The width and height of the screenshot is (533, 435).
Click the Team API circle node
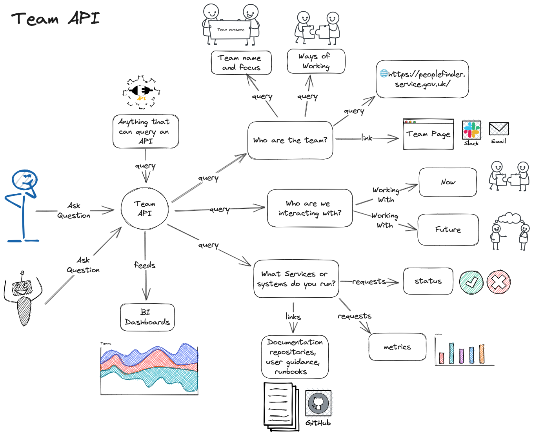pos(145,209)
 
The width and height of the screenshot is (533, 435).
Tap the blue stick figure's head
pos(25,180)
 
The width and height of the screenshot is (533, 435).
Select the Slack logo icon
pos(471,130)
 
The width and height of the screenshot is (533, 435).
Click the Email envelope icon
pos(498,129)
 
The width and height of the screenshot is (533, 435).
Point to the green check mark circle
pos(471,282)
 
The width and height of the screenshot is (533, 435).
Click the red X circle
pos(498,282)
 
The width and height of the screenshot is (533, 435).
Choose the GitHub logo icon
pos(318,403)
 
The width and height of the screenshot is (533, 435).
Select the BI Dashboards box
pos(147,317)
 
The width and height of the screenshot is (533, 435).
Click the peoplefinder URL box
pos(422,79)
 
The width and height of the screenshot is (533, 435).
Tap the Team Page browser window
pos(428,135)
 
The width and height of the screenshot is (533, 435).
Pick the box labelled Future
pos(448,229)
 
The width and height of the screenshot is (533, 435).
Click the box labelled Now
pos(448,182)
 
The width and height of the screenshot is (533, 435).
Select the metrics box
pos(397,347)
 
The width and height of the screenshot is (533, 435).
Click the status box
pos(428,281)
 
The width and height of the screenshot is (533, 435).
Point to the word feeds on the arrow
pos(144,265)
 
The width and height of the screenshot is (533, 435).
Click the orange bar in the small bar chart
pos(482,354)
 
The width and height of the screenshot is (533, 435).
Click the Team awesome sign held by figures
pos(230,30)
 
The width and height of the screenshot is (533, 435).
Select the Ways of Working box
pos(316,61)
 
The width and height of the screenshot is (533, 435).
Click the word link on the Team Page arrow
pos(367,138)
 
